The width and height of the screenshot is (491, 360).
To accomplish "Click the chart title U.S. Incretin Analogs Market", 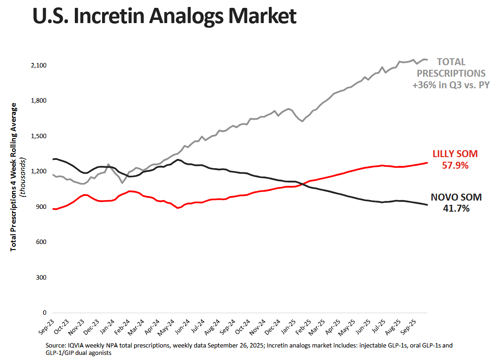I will [164, 17].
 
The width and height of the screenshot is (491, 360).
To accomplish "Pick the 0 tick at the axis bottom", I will [44, 313].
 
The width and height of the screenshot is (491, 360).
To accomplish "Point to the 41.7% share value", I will [456, 209].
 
